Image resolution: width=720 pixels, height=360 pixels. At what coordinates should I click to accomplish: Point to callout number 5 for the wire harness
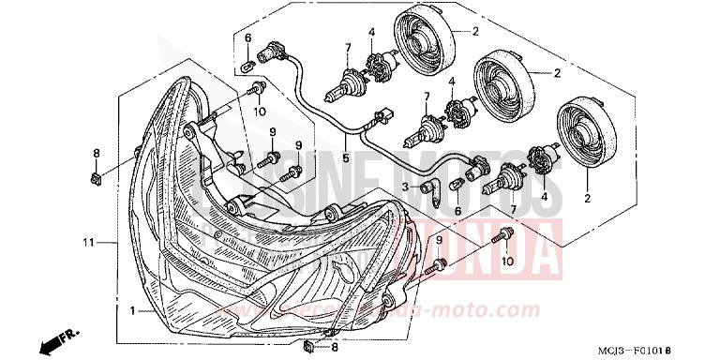(x=345, y=158)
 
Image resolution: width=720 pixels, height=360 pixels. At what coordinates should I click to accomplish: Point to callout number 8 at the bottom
(x=334, y=347)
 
